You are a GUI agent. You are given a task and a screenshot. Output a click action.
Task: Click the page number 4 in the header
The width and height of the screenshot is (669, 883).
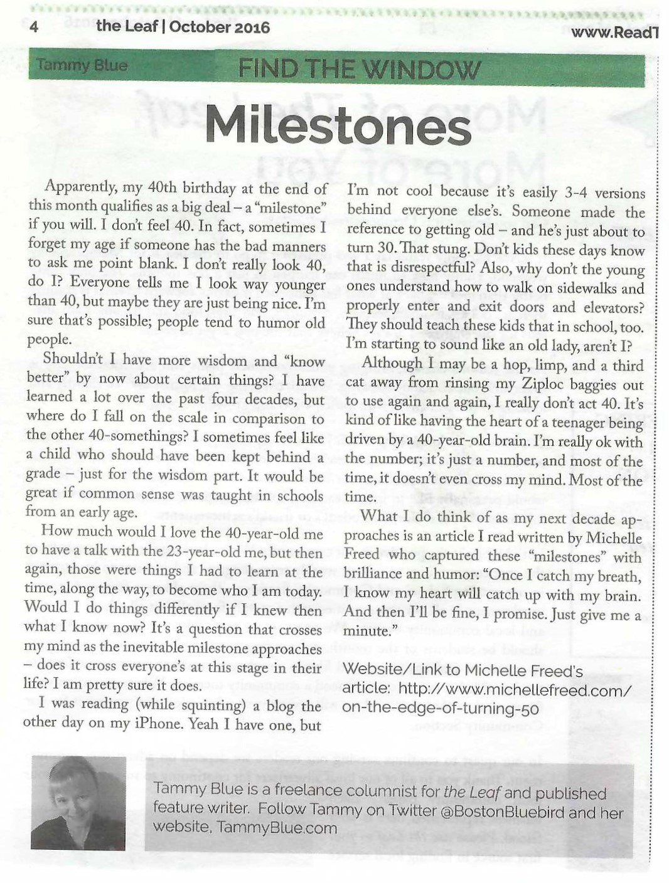[35, 27]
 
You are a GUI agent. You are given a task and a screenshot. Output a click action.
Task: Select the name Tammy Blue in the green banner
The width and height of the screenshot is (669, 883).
[82, 65]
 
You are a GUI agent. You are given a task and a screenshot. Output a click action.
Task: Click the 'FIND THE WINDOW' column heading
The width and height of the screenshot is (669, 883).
[360, 69]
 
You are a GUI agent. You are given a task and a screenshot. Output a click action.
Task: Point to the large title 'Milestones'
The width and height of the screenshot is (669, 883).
[338, 127]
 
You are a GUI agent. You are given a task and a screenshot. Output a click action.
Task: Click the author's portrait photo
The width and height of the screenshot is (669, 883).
[78, 803]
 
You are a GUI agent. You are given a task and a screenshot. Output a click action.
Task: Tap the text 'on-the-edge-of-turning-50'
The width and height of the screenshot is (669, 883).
[440, 709]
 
